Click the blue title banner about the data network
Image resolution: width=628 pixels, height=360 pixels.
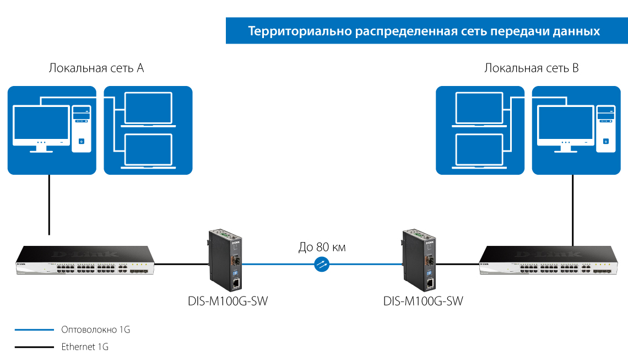(x=424, y=31)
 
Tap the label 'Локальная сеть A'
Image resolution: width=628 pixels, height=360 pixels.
(x=96, y=68)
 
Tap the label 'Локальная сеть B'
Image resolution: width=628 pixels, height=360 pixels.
(x=532, y=68)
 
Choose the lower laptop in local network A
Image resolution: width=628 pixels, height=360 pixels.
(x=148, y=151)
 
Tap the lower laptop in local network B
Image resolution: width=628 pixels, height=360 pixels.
(x=479, y=151)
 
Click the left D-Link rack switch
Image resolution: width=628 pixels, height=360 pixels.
(x=85, y=261)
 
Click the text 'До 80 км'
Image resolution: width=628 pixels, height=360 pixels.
(x=322, y=247)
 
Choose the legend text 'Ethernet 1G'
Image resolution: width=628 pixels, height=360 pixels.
(x=85, y=347)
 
